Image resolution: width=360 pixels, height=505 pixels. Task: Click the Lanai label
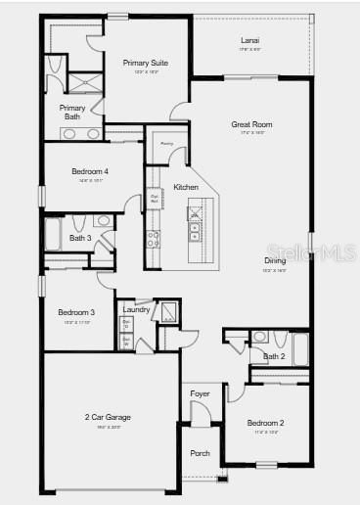point(250,40)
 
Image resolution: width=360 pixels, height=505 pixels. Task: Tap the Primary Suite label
point(145,63)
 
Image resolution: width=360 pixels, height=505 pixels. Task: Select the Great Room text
point(251,124)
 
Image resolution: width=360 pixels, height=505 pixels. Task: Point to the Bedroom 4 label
point(90,172)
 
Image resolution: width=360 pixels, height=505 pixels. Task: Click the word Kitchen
point(186,187)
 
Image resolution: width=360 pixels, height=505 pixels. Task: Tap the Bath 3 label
point(80,238)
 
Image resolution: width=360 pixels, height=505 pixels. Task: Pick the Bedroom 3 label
point(75,312)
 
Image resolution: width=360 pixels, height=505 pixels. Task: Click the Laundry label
point(136,310)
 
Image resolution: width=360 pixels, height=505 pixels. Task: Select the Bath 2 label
point(274,356)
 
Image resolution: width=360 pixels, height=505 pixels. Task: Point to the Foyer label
point(200,394)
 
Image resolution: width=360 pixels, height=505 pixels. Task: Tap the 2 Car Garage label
point(108,417)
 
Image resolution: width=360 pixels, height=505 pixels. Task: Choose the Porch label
point(200,453)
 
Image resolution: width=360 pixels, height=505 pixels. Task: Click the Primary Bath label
point(72,112)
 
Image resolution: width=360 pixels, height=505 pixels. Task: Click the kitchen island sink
point(195,232)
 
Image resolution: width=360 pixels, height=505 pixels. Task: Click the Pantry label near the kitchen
point(167,143)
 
